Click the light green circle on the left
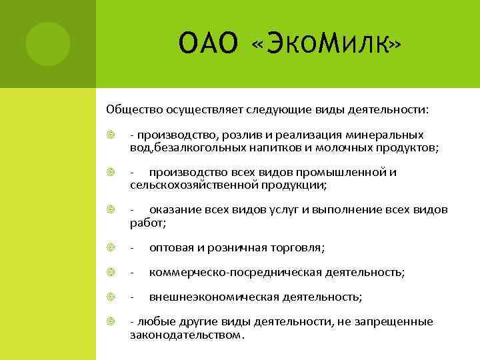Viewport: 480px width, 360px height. coord(47,43)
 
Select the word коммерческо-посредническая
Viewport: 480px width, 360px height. coord(235,273)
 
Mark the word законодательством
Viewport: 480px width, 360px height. coord(186,334)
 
